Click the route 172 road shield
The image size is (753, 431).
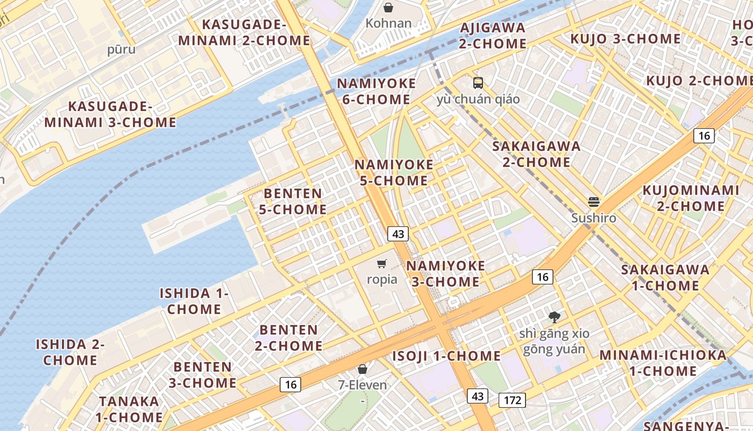512,400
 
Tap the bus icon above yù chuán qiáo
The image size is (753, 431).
478,82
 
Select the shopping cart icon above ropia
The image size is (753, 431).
382,263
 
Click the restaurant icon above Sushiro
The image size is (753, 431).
594,202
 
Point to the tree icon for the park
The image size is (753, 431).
554,317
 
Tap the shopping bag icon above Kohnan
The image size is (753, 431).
388,8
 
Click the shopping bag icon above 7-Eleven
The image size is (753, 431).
363,369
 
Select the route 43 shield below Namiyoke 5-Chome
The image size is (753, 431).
398,234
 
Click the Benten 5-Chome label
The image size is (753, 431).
293,201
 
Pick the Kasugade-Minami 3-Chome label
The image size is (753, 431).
110,114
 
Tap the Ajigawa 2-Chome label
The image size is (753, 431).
493,36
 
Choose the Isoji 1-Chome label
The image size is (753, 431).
446,356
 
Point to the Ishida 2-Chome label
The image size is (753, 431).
70,352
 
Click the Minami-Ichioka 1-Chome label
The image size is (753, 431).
663,363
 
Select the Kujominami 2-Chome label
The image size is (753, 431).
691,198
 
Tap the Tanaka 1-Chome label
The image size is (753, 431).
129,409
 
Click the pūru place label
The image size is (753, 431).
121,50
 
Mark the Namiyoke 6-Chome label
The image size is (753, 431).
376,92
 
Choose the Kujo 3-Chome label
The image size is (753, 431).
626,39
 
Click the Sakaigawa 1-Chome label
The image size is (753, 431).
665,277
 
